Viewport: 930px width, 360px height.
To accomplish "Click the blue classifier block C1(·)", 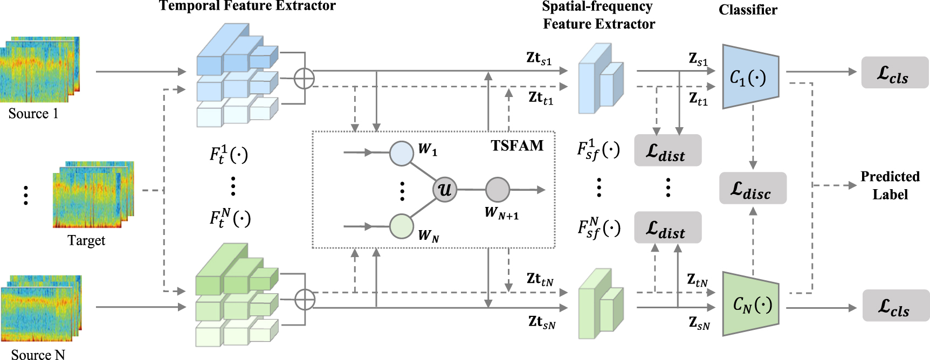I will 750,77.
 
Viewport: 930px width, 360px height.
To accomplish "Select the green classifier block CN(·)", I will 750,304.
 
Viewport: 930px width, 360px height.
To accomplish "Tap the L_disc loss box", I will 753,188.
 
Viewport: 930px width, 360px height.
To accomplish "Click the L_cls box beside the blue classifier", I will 894,73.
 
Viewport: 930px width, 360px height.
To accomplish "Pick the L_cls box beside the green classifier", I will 895,306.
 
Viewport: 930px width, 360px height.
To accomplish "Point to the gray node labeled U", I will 445,190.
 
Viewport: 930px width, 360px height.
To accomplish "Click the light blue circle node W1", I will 401,153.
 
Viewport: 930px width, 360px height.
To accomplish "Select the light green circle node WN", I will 401,226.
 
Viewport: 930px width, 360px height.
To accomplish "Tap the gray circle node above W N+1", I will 497,190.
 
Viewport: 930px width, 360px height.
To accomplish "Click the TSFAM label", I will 517,146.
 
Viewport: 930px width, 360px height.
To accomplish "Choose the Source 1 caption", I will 33,114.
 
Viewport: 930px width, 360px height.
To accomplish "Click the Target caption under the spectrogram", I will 86,240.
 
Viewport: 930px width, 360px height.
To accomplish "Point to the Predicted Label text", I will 890,185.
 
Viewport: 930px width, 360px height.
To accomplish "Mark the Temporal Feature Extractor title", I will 247,6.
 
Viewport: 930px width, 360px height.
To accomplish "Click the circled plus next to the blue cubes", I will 305,79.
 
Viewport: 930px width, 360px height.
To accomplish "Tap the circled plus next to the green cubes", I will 305,300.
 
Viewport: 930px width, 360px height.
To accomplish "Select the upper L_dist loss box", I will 667,150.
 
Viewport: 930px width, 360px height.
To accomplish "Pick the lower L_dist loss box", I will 667,227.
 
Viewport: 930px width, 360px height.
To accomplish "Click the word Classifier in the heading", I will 748,10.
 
